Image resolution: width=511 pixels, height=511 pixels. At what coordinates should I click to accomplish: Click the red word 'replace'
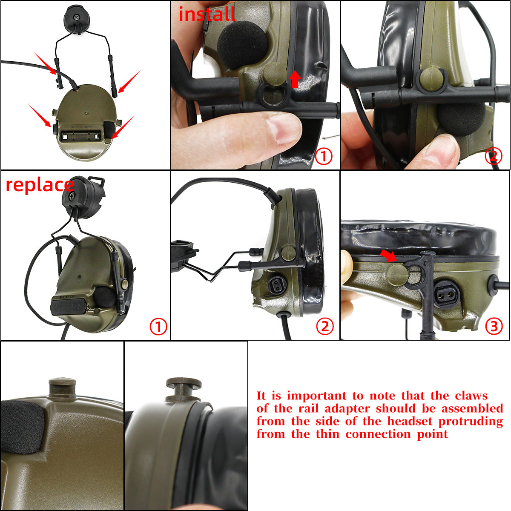40,185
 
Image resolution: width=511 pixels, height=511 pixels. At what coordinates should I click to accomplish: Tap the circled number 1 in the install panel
324,156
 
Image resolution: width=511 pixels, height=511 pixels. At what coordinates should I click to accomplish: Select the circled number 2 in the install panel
494,156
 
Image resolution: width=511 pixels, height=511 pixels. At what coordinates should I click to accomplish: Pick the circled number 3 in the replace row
494,326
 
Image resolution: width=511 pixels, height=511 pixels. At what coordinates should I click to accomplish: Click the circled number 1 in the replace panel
158,326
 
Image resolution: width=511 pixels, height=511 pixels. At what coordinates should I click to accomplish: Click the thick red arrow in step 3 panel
388,256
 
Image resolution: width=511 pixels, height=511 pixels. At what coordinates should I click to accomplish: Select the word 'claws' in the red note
471,396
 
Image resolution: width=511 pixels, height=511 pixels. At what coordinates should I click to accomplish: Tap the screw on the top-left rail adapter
77,17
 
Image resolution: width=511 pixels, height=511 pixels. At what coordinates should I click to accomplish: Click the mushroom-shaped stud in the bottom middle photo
184,389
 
